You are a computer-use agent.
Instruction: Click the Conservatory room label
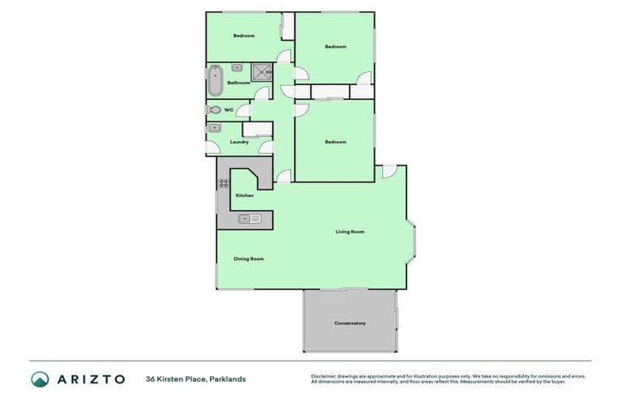[x=350, y=323]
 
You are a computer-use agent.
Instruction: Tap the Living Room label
[x=350, y=232]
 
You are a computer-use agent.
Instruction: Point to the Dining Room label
[x=248, y=259]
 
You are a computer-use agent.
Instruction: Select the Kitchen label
[x=244, y=195]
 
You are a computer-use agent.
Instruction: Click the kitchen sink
[x=249, y=218]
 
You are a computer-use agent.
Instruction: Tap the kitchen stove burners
[x=223, y=183]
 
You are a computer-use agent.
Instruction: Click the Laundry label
[x=238, y=142]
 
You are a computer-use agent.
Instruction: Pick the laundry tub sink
[x=215, y=128]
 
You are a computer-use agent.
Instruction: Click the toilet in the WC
[x=213, y=109]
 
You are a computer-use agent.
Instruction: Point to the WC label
[x=229, y=109]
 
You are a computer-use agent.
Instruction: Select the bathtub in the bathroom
[x=215, y=82]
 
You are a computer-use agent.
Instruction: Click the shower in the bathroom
[x=262, y=73]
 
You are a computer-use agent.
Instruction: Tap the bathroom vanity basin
[x=238, y=67]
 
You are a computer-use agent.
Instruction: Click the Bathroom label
[x=238, y=83]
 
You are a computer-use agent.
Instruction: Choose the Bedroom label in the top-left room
[x=244, y=36]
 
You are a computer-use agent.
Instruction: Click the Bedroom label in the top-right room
[x=335, y=46]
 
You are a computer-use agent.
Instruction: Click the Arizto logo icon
[x=40, y=379]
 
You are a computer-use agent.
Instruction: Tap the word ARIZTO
[x=90, y=379]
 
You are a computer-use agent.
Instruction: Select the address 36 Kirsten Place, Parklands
[x=195, y=379]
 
